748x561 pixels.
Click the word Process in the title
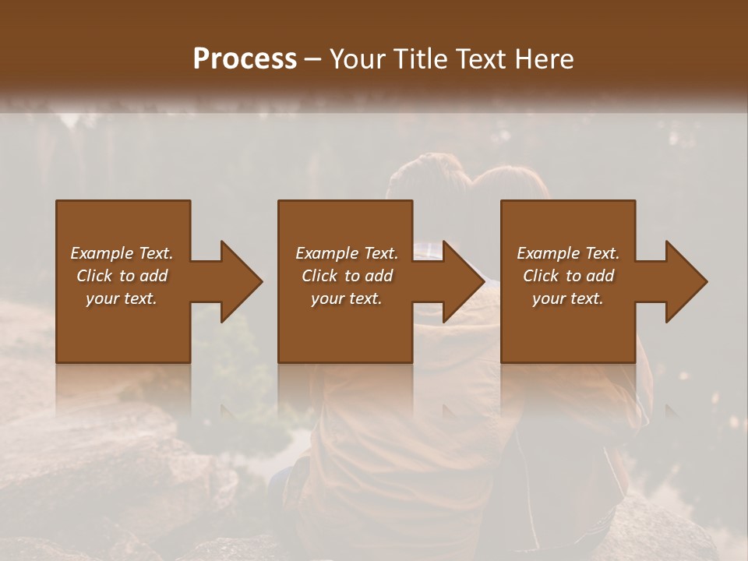tap(245, 59)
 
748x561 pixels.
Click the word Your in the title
tap(357, 59)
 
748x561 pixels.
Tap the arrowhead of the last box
tap(685, 281)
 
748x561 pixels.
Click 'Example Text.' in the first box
tap(122, 253)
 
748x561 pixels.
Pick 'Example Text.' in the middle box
tap(347, 253)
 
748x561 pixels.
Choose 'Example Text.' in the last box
tap(568, 253)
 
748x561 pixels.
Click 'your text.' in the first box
tap(122, 298)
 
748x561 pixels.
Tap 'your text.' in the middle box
tap(347, 298)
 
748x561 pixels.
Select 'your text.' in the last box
tap(568, 298)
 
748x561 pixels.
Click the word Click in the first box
tap(94, 276)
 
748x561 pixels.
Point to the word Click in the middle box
tap(319, 276)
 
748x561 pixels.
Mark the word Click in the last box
tap(541, 276)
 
